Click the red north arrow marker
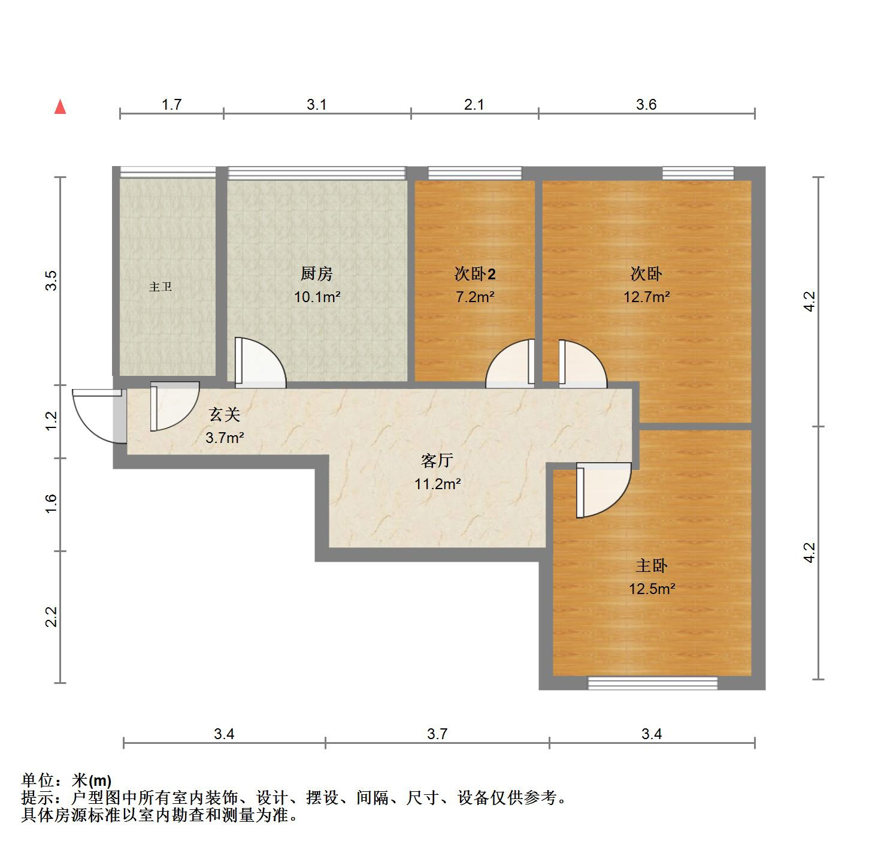60,107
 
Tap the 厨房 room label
316,274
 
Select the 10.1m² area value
317,297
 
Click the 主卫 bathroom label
161,287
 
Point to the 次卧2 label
474,274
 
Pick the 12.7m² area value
646,297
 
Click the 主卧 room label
651,565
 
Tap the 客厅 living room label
437,460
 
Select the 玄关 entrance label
224,414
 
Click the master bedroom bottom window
652,683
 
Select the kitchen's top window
317,173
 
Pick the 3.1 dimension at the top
317,105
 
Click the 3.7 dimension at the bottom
437,734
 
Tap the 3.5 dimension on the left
52,281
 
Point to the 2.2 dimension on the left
52,616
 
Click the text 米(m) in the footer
92,780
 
